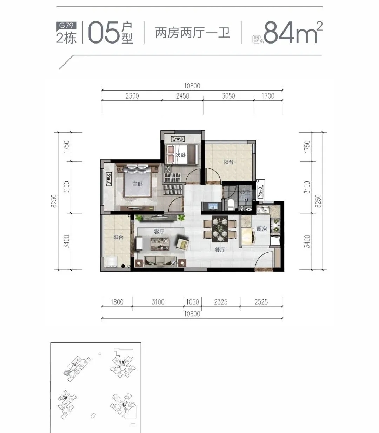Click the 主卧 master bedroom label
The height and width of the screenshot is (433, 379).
138,184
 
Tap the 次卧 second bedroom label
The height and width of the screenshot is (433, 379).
181,155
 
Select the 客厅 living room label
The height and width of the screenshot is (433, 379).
159,232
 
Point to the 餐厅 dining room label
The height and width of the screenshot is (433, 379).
220,249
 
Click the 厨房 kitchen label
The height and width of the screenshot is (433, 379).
262,229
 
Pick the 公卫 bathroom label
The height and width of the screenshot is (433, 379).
245,193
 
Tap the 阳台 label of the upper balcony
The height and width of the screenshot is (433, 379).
228,162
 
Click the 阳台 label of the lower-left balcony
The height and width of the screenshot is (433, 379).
118,237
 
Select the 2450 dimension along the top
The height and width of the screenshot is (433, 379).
182,96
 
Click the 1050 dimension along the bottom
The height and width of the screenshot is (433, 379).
192,302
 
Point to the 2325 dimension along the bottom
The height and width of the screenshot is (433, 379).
221,302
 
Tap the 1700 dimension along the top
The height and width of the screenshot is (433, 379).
268,96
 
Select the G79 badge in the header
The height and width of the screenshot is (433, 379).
66,25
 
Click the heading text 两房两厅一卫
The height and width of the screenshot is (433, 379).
192,33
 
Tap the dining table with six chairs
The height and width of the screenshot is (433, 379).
220,229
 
